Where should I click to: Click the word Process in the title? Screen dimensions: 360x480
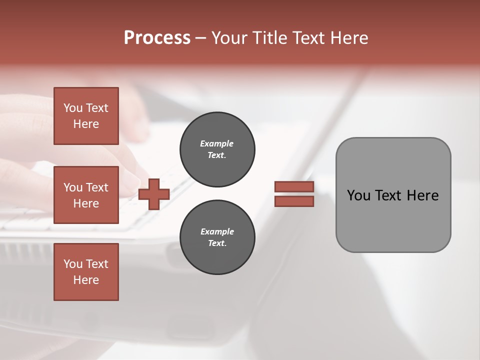(x=157, y=38)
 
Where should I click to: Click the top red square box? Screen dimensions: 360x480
(x=86, y=116)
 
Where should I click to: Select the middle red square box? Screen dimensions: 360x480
(x=86, y=195)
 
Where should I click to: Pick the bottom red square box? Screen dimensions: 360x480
(x=86, y=272)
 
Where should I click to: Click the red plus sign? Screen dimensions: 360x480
(x=154, y=194)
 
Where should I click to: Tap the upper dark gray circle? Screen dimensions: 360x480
(x=217, y=149)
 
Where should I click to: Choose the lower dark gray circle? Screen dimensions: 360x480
(x=217, y=237)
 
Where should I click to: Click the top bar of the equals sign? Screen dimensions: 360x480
(x=294, y=187)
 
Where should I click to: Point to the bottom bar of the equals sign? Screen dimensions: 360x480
(x=294, y=201)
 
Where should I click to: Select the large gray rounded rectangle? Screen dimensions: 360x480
(x=393, y=195)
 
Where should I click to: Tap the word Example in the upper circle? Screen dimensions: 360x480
(x=217, y=143)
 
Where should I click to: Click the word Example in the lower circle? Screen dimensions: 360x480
(x=217, y=231)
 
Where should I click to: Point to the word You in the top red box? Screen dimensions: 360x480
(x=72, y=108)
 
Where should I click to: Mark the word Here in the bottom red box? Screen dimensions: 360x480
(x=86, y=280)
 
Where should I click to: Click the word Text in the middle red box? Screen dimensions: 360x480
(x=96, y=187)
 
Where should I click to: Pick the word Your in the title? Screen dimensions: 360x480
(x=227, y=38)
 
